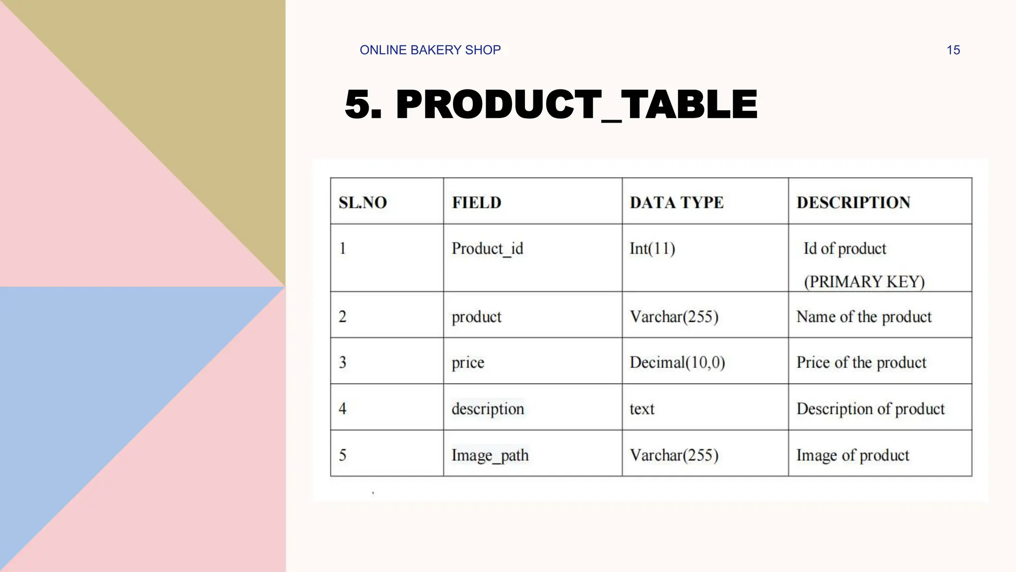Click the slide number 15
point(953,50)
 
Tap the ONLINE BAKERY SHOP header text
point(430,50)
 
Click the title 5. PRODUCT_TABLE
point(551,104)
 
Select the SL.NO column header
point(363,203)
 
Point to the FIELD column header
point(476,203)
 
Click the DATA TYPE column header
point(677,203)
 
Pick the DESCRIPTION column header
point(853,203)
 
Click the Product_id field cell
point(487,248)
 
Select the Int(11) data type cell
point(652,248)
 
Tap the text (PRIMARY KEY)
point(864,282)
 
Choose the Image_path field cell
point(490,455)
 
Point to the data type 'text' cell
point(642,409)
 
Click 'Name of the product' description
point(864,317)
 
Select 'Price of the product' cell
point(861,362)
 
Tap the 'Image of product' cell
point(853,455)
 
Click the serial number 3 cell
point(343,362)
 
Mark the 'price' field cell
point(468,362)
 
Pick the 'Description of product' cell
point(871,409)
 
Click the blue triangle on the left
point(99,397)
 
